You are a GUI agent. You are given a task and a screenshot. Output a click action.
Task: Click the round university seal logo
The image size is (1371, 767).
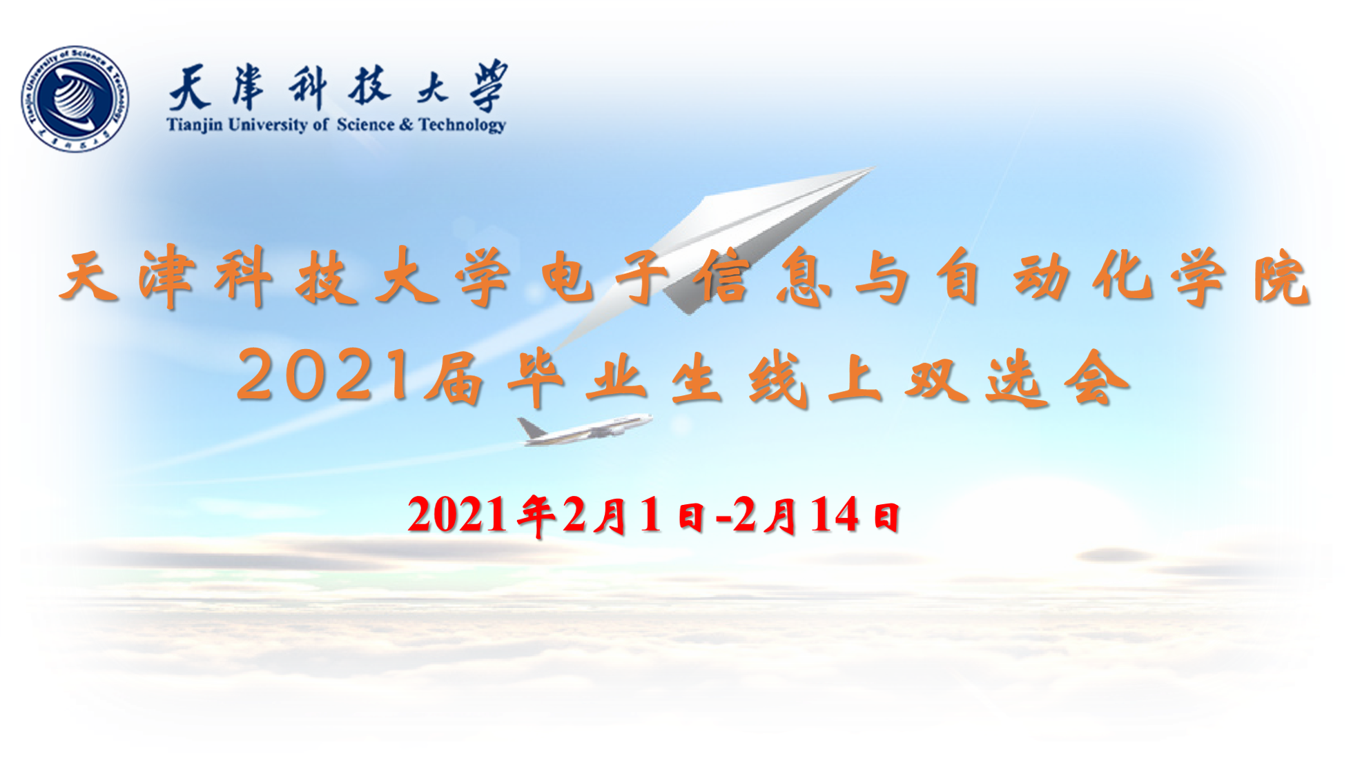pos(75,99)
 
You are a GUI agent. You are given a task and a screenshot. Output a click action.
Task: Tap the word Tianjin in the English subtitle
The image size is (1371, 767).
pos(195,125)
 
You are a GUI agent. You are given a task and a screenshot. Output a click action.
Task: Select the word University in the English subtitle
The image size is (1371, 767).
pos(267,125)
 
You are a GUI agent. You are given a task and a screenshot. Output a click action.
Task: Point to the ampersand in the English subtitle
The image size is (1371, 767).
pos(406,125)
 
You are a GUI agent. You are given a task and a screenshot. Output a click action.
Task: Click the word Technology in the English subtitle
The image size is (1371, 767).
pos(463,126)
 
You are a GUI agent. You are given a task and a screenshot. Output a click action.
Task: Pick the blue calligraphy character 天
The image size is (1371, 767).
pos(191,88)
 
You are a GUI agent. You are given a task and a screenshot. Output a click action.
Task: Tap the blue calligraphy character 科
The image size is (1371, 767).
pos(307,88)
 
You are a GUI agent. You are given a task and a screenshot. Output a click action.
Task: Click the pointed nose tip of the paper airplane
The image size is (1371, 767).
pos(874,168)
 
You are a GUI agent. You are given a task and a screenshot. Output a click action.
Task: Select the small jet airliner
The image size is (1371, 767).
pos(585,429)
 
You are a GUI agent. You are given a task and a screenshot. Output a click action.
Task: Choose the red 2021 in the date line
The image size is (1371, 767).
pos(457,515)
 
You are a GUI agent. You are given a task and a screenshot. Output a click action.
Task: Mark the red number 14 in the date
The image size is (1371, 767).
pos(835,515)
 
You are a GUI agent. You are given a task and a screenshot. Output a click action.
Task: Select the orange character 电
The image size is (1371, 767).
pos(568,277)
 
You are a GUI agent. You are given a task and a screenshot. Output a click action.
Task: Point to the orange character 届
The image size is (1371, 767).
pos(454,377)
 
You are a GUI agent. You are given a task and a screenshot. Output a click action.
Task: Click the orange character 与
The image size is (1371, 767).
pos(882,277)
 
